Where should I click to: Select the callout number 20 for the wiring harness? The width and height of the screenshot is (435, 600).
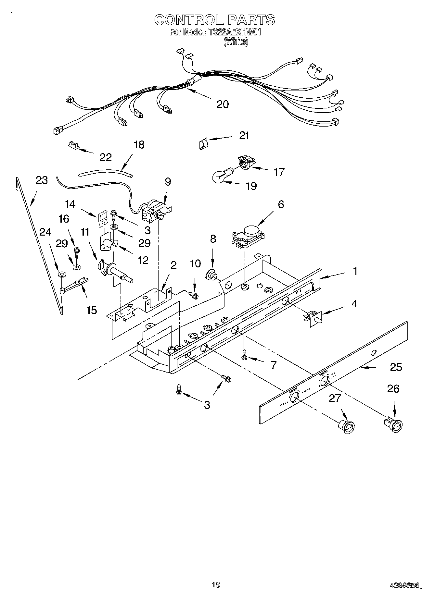pos(223,104)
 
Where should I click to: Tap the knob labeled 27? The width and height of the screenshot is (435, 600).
pos(347,426)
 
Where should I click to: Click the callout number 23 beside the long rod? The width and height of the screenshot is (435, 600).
pos(42,180)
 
